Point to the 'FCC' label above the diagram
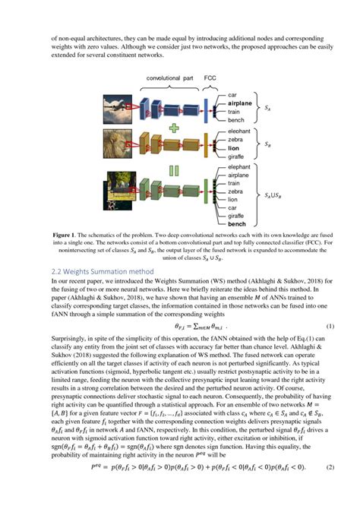pyautogui.click(x=211, y=78)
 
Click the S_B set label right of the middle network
pyautogui.click(x=267, y=142)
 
